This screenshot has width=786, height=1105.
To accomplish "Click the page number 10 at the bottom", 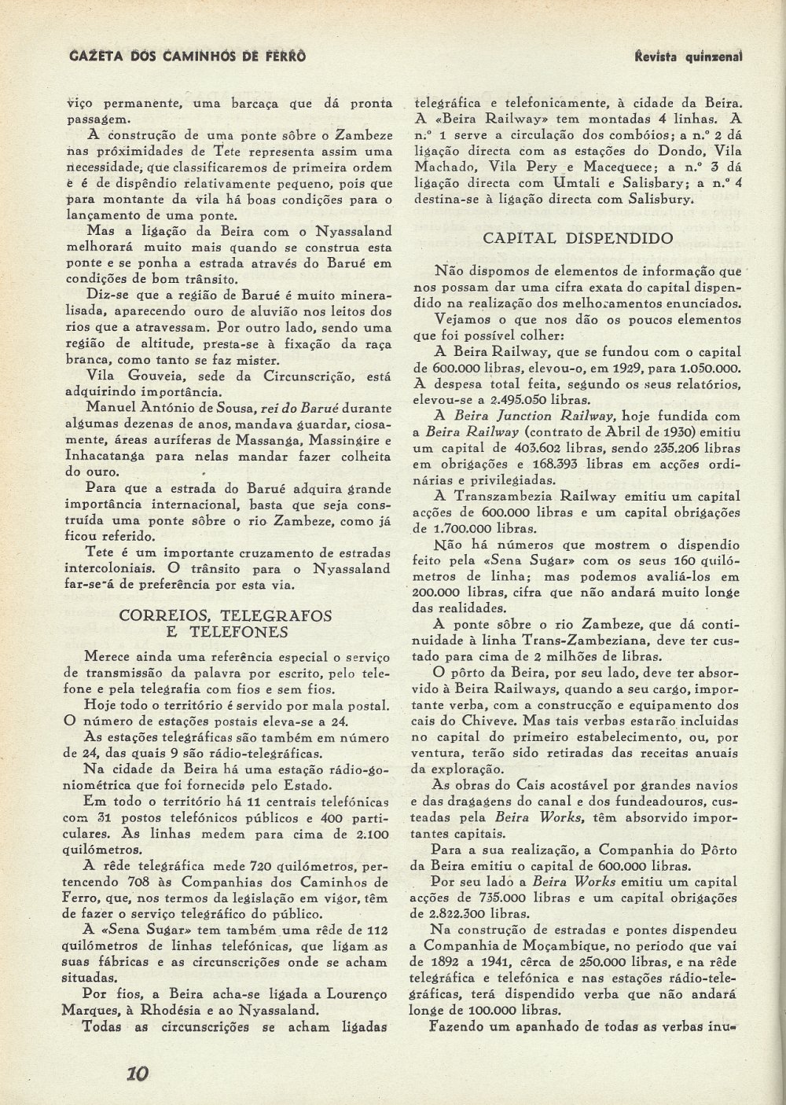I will pos(138,1074).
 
